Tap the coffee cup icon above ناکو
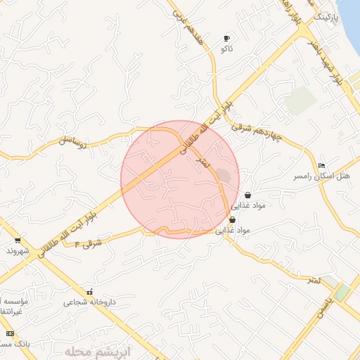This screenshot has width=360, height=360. click(226, 38)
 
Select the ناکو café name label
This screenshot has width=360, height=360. click(226, 49)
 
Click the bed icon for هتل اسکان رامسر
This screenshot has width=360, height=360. click(322, 165)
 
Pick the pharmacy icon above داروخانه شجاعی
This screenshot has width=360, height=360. click(89, 292)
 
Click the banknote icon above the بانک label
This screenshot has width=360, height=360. click(9, 333)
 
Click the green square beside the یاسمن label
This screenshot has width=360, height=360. click(341, 292)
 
